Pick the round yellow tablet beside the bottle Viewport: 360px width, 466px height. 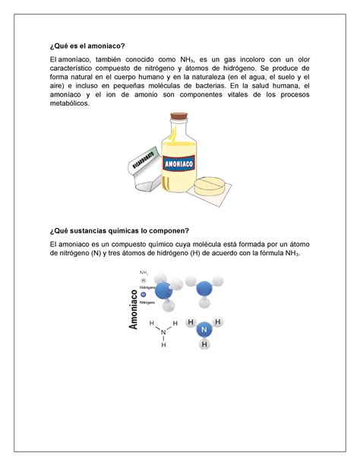210,185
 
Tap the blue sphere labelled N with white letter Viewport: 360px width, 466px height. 203,330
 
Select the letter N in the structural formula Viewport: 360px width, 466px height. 162,331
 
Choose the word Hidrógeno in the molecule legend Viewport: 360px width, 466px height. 149,287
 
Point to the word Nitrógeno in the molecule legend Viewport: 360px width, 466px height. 149,302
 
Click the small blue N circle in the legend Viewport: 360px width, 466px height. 143,295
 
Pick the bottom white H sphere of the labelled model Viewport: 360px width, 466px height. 204,344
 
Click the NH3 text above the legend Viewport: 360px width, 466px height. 144,273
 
